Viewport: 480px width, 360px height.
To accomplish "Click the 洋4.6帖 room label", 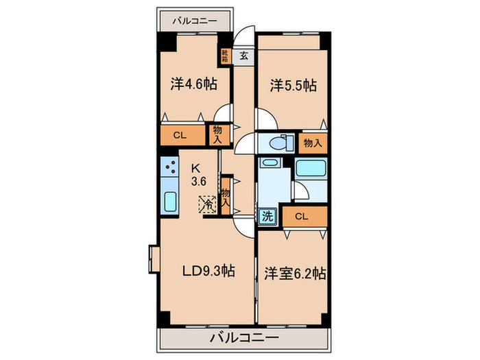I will (x=193, y=85).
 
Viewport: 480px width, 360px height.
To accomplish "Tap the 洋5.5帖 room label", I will (x=292, y=85).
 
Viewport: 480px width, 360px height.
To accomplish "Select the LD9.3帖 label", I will (x=208, y=272).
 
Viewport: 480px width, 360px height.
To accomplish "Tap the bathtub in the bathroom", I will (x=311, y=169).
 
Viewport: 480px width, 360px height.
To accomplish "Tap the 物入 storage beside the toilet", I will (x=313, y=143).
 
